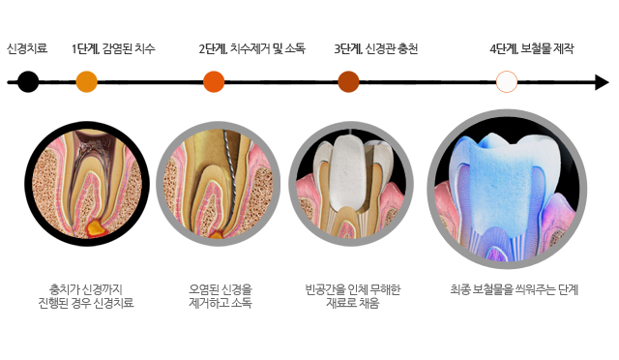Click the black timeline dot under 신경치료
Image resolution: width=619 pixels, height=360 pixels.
tap(28, 82)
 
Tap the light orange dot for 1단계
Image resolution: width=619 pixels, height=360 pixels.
tap(87, 82)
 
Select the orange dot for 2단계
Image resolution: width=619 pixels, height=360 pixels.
tap(214, 82)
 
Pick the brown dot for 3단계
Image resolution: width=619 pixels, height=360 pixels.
tap(349, 82)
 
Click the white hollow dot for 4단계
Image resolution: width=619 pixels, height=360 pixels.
tap(507, 82)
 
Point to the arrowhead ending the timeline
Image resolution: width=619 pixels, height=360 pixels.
tap(602, 83)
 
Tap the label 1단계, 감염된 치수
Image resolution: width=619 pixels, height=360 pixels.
tap(113, 48)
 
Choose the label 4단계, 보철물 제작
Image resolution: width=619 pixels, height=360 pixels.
tap(531, 48)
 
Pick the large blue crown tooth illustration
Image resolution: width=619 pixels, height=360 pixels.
tap(507, 186)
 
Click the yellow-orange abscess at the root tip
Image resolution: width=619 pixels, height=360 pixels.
tap(96, 228)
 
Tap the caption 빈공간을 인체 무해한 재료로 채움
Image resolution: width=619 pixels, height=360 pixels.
tap(352, 296)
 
